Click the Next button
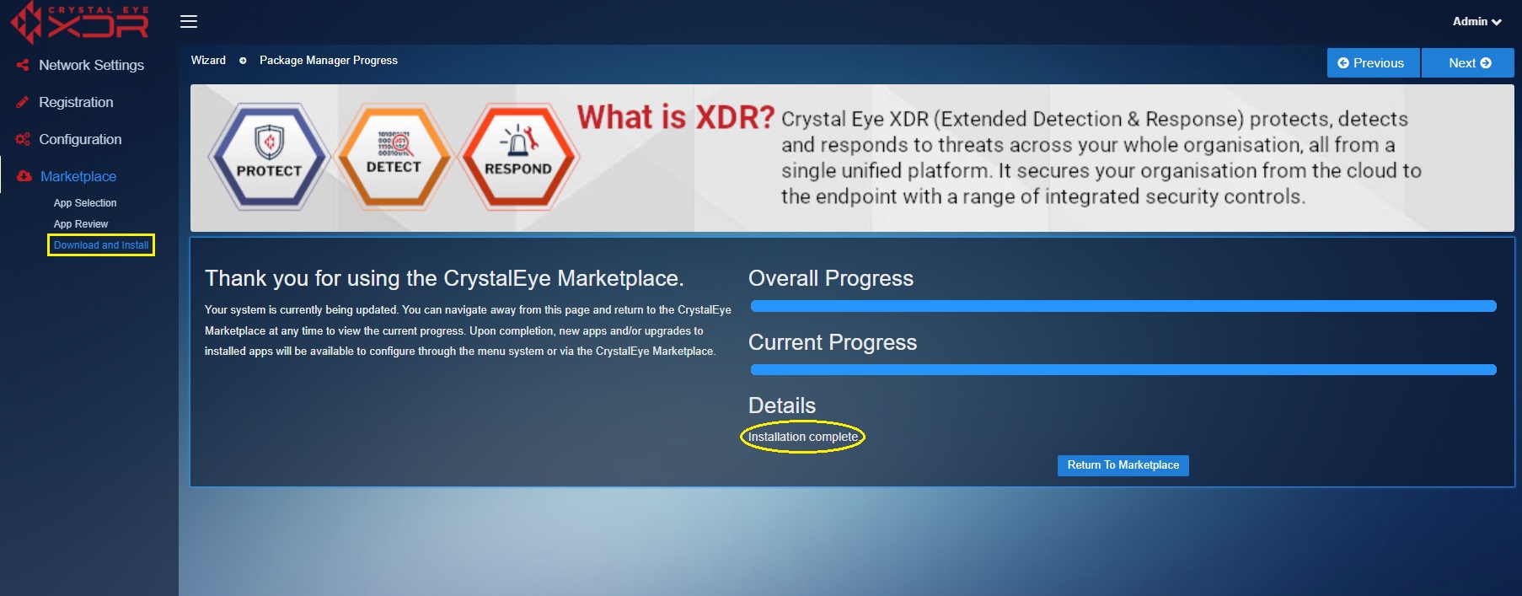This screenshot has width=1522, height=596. click(1468, 63)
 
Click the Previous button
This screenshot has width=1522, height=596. click(1374, 63)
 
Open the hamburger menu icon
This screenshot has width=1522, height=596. click(189, 21)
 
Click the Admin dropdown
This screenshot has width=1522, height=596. click(1476, 22)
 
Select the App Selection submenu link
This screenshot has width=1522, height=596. click(85, 203)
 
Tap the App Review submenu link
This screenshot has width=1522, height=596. click(81, 224)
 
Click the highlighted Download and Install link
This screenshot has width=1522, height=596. click(101, 245)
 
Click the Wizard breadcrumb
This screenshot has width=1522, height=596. click(208, 61)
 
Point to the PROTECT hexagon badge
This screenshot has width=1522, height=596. click(269, 157)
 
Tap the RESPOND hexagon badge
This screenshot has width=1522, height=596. click(518, 157)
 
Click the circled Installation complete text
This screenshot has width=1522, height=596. click(803, 437)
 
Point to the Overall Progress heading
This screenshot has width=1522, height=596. click(831, 278)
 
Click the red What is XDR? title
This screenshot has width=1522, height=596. click(676, 117)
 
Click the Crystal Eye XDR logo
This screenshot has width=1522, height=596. click(80, 23)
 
